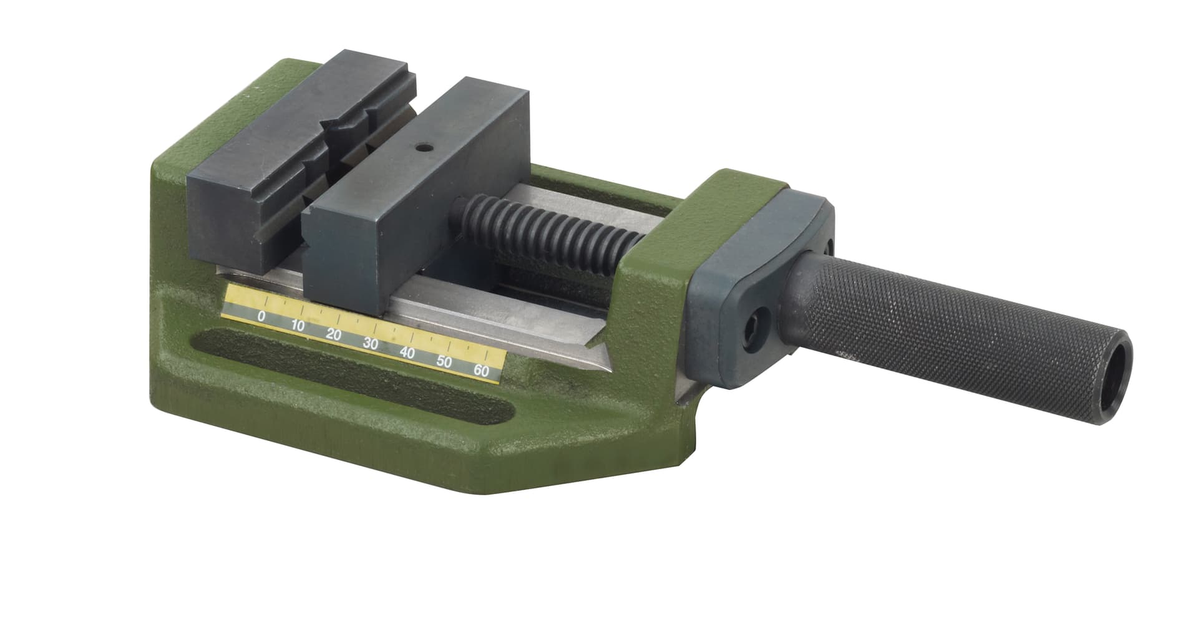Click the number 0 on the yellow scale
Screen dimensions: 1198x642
click(261, 316)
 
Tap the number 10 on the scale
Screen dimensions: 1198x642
click(298, 325)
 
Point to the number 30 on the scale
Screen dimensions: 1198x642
click(371, 343)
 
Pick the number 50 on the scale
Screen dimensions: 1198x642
click(444, 361)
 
